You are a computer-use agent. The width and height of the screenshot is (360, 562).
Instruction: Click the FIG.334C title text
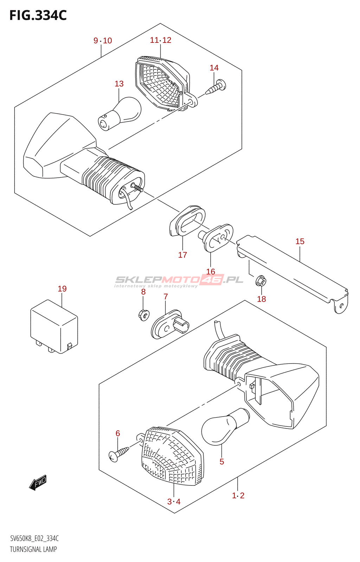pyautogui.click(x=38, y=15)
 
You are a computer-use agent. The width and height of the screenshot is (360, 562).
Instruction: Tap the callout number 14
pyautogui.click(x=214, y=68)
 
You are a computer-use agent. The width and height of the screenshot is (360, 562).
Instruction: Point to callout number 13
pyautogui.click(x=119, y=84)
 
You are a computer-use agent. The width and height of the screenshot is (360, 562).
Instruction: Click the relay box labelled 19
pyautogui.click(x=54, y=327)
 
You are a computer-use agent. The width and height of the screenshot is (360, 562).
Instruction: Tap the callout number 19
pyautogui.click(x=62, y=289)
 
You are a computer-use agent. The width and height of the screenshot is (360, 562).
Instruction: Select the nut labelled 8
pyautogui.click(x=143, y=314)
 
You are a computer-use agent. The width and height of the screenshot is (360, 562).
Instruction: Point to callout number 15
pyautogui.click(x=300, y=241)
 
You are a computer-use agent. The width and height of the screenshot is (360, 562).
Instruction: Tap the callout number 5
pyautogui.click(x=222, y=462)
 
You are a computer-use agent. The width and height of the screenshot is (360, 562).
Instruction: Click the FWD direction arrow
pyautogui.click(x=38, y=483)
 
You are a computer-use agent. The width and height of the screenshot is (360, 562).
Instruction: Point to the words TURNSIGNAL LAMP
pyautogui.click(x=33, y=549)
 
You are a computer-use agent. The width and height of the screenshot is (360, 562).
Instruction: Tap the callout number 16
pyautogui.click(x=211, y=272)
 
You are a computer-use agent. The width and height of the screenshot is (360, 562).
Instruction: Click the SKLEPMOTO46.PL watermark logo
pyautogui.click(x=179, y=280)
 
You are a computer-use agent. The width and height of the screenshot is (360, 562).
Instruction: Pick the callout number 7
pyautogui.click(x=166, y=297)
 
